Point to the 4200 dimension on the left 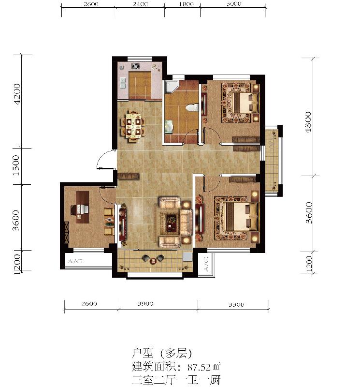[18, 93]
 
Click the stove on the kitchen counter [136, 66]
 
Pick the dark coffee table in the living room [172, 222]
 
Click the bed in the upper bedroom [242, 102]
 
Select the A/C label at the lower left [75, 261]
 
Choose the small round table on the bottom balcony [154, 260]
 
